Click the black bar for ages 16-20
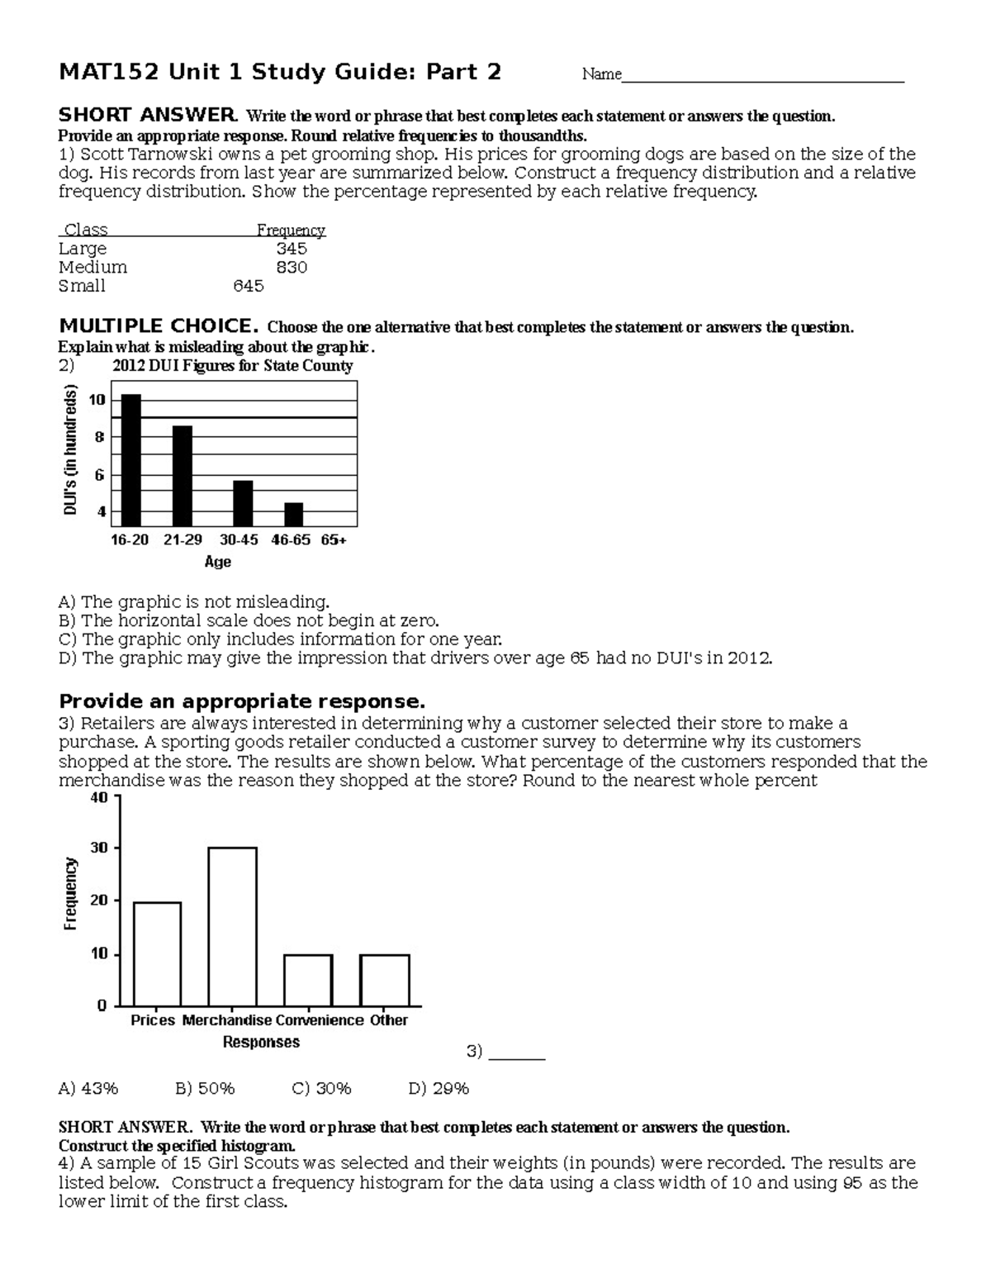pos(131,459)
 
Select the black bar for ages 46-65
pos(294,514)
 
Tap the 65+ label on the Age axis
pos(334,539)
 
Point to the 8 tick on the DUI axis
pos(100,437)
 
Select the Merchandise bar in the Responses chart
pos(232,925)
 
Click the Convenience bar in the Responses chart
pos(308,980)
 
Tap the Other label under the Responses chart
pos(389,1020)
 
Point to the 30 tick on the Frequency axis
pos(99,848)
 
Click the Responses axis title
pos(261,1043)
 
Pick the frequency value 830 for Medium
pos(292,268)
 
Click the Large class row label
pos(83,249)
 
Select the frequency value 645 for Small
pos(249,286)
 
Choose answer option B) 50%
pos(205,1089)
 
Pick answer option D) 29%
pos(439,1089)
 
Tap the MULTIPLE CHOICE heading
pos(159,326)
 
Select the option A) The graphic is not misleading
pos(194,601)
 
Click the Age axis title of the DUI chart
pos(218,562)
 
